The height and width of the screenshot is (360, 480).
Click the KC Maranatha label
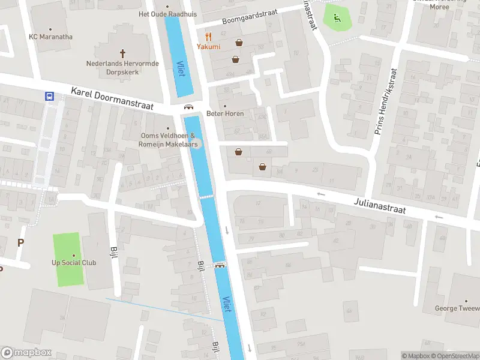50,37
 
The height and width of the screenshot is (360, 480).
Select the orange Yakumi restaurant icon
208,36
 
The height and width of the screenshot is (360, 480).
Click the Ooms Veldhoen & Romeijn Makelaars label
167,140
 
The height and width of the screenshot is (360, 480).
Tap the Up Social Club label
74,263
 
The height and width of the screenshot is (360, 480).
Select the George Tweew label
457,308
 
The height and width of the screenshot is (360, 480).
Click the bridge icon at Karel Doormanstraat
188,107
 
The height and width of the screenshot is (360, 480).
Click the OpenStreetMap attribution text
454,356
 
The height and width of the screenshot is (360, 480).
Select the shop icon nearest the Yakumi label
239,43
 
